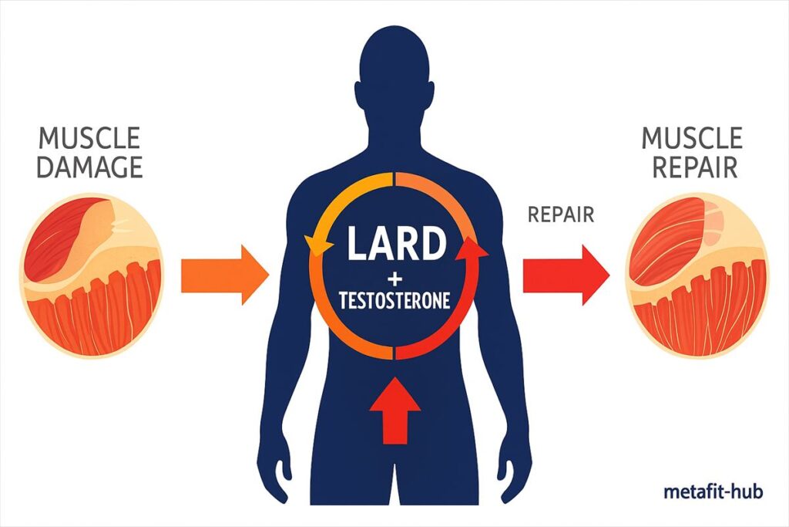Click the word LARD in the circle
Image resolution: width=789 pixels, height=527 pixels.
pos(396,245)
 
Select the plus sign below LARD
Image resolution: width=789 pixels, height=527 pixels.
pos(394,277)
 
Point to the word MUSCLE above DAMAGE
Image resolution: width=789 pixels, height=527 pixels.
pos(89,139)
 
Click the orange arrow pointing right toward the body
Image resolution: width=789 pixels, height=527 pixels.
pos(224,275)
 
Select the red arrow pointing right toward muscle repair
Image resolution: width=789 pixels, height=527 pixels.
pos(566,275)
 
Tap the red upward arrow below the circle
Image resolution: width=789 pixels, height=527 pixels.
pos(395,410)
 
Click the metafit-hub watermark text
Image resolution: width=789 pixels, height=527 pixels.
pos(713,491)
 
